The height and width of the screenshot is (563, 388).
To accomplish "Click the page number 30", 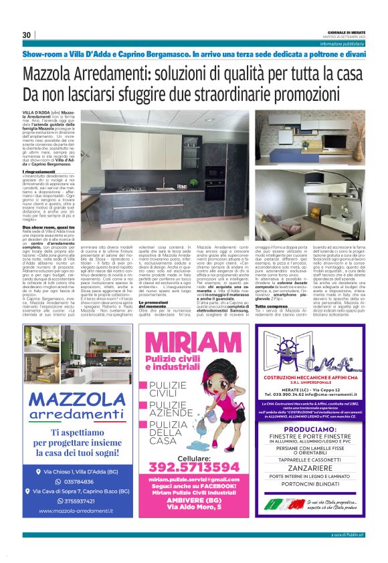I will (27, 35).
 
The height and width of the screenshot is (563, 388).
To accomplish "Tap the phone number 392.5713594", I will (193, 466).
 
